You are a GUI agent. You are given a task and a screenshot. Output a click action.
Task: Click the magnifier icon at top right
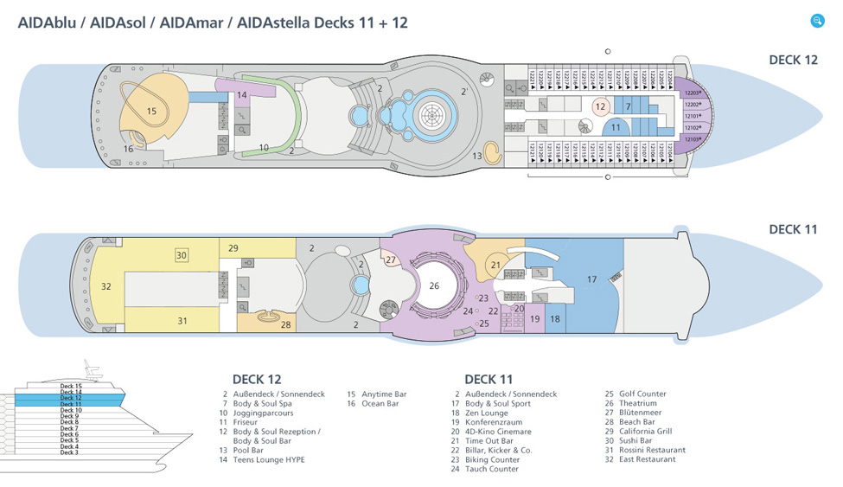817,21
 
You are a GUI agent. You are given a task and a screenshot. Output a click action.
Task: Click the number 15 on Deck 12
152,111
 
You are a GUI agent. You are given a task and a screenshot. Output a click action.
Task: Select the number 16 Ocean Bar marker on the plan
128,149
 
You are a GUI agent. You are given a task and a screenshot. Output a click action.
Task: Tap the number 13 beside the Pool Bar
477,156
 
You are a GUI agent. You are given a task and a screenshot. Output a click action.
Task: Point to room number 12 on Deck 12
600,107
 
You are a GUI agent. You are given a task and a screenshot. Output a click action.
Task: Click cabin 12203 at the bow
693,93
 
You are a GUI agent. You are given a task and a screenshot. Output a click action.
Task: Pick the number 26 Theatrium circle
434,285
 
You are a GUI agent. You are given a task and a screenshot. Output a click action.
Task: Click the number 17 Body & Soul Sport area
591,279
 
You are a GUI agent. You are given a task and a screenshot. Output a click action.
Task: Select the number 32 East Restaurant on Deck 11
106,286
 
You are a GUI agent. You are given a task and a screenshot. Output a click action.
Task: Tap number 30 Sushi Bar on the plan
182,255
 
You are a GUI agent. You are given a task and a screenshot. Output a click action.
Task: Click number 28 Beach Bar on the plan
285,324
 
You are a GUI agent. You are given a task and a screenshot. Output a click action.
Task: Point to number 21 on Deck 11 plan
495,266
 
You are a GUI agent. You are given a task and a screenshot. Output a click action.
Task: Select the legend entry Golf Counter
642,394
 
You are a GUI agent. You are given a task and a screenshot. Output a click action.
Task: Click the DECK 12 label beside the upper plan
792,60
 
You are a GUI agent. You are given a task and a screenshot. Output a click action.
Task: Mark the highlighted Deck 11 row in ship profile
72,404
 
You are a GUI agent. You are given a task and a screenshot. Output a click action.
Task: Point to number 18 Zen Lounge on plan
555,318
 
